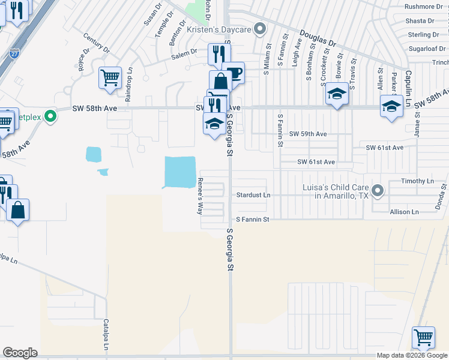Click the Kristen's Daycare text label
pos(218,29)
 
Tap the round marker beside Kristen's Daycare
pos(260,28)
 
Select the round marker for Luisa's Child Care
pos(377,191)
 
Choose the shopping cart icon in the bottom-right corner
pos(423,338)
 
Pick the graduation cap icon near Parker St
pos(391,106)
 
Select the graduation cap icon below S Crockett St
pos(337,94)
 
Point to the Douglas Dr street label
pos(319,40)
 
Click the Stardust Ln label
pos(253,196)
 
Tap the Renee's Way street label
pos(200,196)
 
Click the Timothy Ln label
pos(417,181)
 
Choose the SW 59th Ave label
pos(308,134)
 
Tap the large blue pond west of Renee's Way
pos(180,172)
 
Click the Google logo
pos(20,353)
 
